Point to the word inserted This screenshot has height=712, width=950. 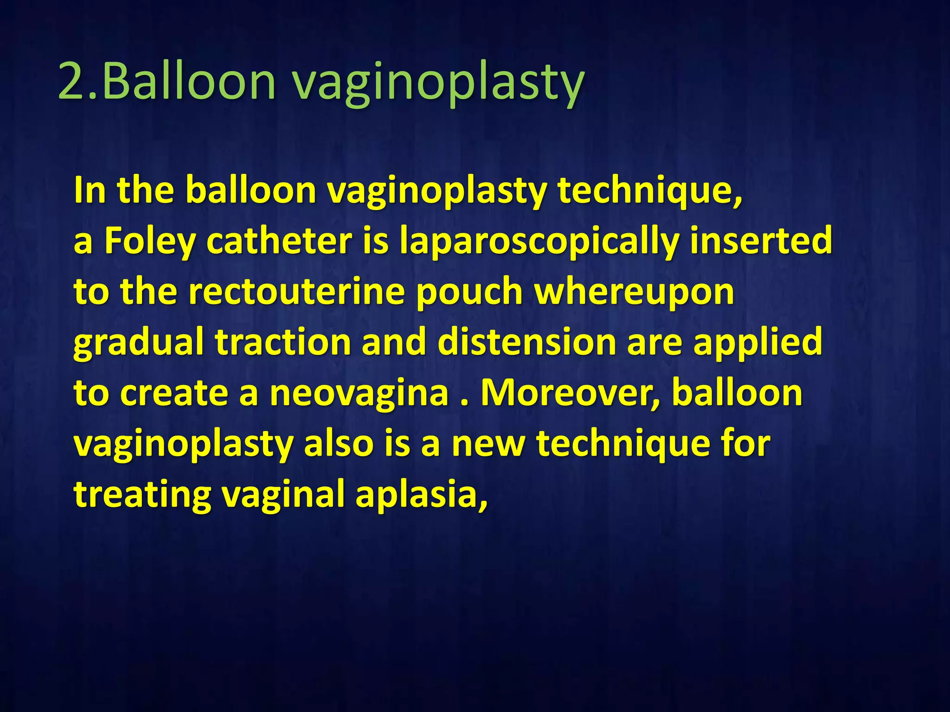761,241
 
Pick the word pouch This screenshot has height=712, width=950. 469,292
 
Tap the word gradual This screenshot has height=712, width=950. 139,343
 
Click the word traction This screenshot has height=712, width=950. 283,343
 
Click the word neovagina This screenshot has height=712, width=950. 359,393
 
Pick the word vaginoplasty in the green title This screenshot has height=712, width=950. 438,83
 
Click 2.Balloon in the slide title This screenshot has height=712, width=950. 167,83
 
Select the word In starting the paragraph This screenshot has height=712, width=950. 91,190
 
